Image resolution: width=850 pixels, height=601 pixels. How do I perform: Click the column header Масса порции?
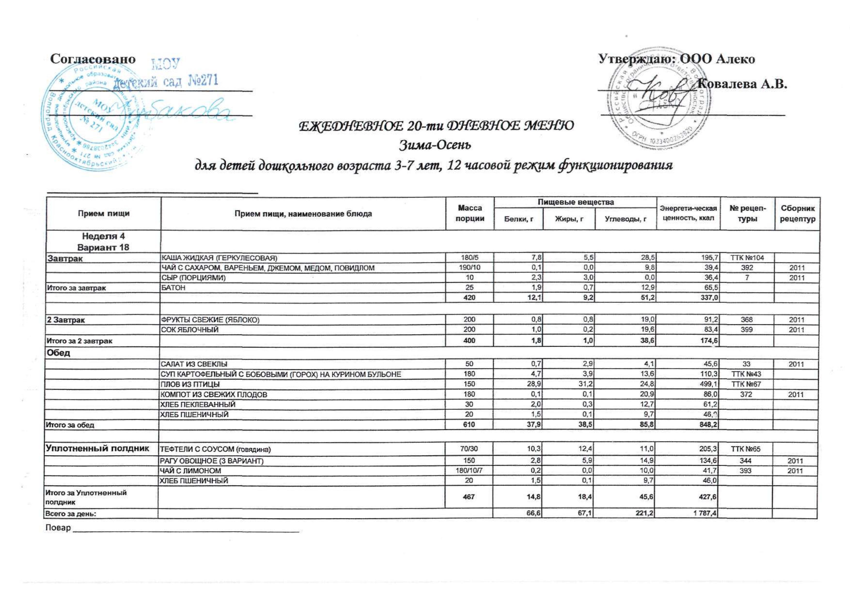(x=470, y=213)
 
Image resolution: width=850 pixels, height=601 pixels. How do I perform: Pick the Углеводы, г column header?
(x=625, y=219)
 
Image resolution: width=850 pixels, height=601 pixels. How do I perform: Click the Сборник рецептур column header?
(x=797, y=213)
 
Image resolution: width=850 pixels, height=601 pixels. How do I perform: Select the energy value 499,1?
(x=708, y=384)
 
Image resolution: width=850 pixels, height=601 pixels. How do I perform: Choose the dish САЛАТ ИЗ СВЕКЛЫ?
(x=194, y=364)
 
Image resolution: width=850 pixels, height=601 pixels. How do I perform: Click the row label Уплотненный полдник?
(x=97, y=449)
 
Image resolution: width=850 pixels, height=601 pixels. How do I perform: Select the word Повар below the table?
(x=58, y=528)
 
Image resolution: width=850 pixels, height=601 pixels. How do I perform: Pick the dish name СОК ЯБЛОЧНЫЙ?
(x=189, y=329)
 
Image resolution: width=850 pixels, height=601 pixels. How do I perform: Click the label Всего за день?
(x=70, y=514)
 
